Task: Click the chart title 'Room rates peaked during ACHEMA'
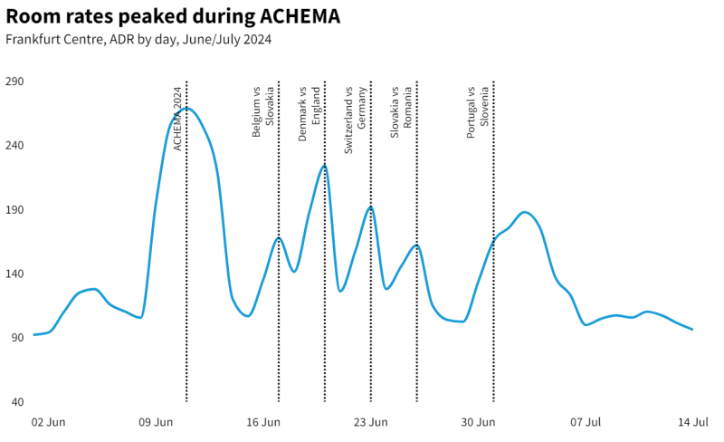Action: [173, 18]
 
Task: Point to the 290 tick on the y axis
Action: [15, 82]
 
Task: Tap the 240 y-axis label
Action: [15, 146]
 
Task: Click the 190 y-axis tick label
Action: [15, 210]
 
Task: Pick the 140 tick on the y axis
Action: [15, 274]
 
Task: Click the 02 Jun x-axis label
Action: [48, 422]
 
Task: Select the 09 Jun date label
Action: [156, 422]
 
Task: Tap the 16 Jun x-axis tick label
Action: [263, 422]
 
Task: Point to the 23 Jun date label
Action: [370, 422]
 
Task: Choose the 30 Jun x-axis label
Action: [478, 422]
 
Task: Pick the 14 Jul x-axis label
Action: [693, 422]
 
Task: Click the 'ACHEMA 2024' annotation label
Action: [178, 119]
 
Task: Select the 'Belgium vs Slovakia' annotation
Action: [262, 112]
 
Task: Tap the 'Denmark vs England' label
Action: [309, 113]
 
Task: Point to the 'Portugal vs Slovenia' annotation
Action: [477, 113]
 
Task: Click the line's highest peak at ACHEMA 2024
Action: [186, 109]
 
